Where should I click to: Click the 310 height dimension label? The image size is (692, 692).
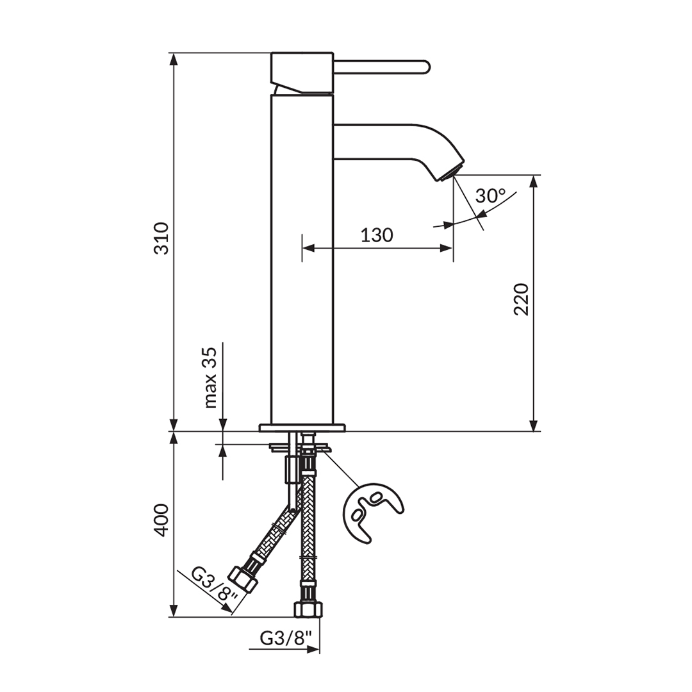[x=161, y=238]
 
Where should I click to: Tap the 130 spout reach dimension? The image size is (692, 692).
[x=377, y=235]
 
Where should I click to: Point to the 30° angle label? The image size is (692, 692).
[x=491, y=195]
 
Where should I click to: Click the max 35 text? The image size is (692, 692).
[x=211, y=377]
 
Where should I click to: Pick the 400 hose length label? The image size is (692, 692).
[x=161, y=520]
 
